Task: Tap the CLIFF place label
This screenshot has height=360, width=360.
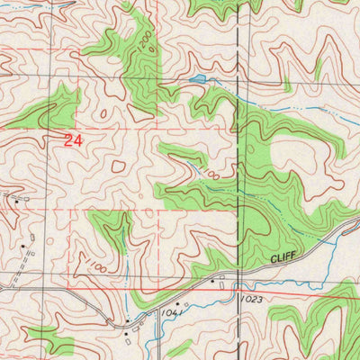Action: (284, 258)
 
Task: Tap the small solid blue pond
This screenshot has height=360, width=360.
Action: (196, 80)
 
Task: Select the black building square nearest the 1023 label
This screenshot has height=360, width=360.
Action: (212, 282)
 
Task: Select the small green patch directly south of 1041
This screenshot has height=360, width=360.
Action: (179, 347)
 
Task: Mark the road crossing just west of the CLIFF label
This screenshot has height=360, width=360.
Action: (236, 270)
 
